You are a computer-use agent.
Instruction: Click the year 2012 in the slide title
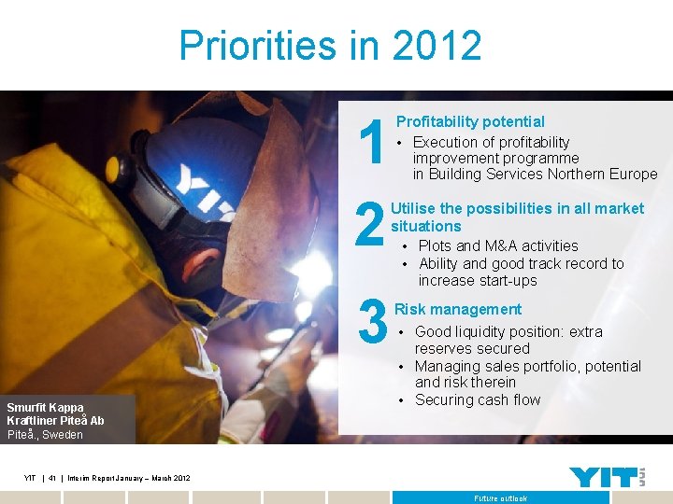[437, 46]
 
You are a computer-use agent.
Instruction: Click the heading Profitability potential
[470, 121]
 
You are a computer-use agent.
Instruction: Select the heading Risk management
[458, 309]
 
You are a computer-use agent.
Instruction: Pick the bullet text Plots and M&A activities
[497, 245]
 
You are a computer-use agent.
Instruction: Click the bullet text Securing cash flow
[478, 399]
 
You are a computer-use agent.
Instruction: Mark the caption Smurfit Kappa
[45, 407]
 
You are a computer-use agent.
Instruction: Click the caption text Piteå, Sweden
[45, 434]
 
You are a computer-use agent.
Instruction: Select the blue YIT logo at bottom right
[605, 477]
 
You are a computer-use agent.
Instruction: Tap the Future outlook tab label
[500, 498]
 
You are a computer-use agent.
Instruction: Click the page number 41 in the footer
[53, 478]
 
